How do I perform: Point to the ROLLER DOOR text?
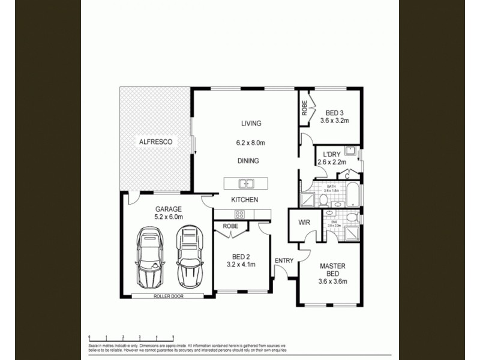(x=168, y=296)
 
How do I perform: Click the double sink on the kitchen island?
(x=246, y=184)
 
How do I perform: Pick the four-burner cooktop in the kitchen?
(x=239, y=214)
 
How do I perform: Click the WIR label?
(x=304, y=223)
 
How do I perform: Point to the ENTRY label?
(x=284, y=260)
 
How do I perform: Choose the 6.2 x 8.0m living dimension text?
(x=250, y=143)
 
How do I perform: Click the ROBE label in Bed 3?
(x=305, y=107)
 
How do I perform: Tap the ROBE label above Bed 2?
(x=230, y=227)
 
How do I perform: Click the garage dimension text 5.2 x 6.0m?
(x=169, y=217)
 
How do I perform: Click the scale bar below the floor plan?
(x=131, y=338)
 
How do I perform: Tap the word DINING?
(x=248, y=161)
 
